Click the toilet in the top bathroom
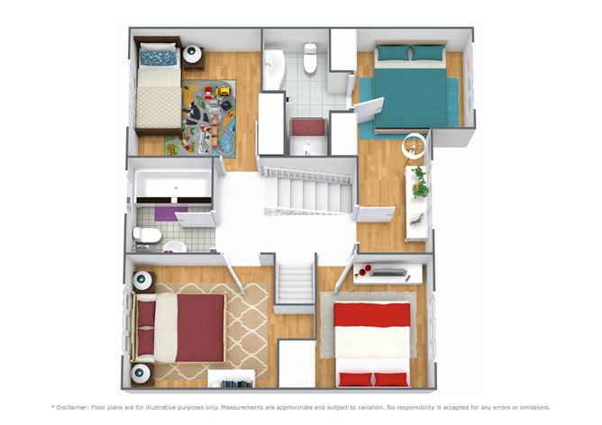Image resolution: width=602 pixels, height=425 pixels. (310, 58)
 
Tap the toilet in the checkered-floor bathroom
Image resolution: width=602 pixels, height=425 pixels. (147, 235)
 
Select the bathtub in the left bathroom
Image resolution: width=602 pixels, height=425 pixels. (174, 185)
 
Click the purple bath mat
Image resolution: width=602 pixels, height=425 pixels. (171, 213)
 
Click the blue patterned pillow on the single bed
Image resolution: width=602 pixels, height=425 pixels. (159, 58)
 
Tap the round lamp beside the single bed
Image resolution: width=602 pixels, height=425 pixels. (192, 54)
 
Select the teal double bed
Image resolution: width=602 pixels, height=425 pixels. (411, 88)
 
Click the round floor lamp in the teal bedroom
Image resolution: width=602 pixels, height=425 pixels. (415, 145)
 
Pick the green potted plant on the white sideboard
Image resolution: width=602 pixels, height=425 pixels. (419, 181)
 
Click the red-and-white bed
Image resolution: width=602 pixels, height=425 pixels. (372, 345)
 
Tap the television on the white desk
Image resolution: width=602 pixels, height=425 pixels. (389, 272)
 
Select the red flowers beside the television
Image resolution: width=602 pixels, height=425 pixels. (363, 271)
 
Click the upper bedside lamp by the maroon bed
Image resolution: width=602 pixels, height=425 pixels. (142, 280)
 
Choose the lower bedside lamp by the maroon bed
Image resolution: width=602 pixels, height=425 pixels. (141, 373)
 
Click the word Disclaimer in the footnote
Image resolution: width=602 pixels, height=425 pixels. (72, 407)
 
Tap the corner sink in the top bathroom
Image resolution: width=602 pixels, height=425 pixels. (273, 68)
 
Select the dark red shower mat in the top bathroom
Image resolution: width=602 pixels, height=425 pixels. (308, 127)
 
